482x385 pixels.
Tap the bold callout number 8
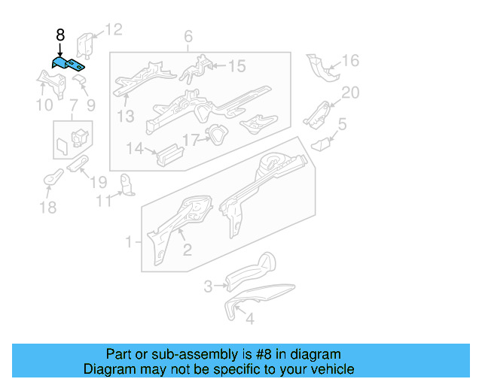[60, 35]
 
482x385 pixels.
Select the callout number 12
[113, 30]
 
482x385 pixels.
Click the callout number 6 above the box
[188, 37]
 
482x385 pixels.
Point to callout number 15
[236, 67]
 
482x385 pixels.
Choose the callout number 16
[351, 61]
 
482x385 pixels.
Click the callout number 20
[351, 92]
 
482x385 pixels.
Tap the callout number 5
[342, 124]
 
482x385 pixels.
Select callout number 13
[125, 116]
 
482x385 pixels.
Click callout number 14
[133, 149]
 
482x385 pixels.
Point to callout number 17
[190, 140]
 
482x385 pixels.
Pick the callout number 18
[47, 208]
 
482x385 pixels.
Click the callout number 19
[99, 181]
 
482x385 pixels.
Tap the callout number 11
[103, 201]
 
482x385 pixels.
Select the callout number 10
[44, 105]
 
